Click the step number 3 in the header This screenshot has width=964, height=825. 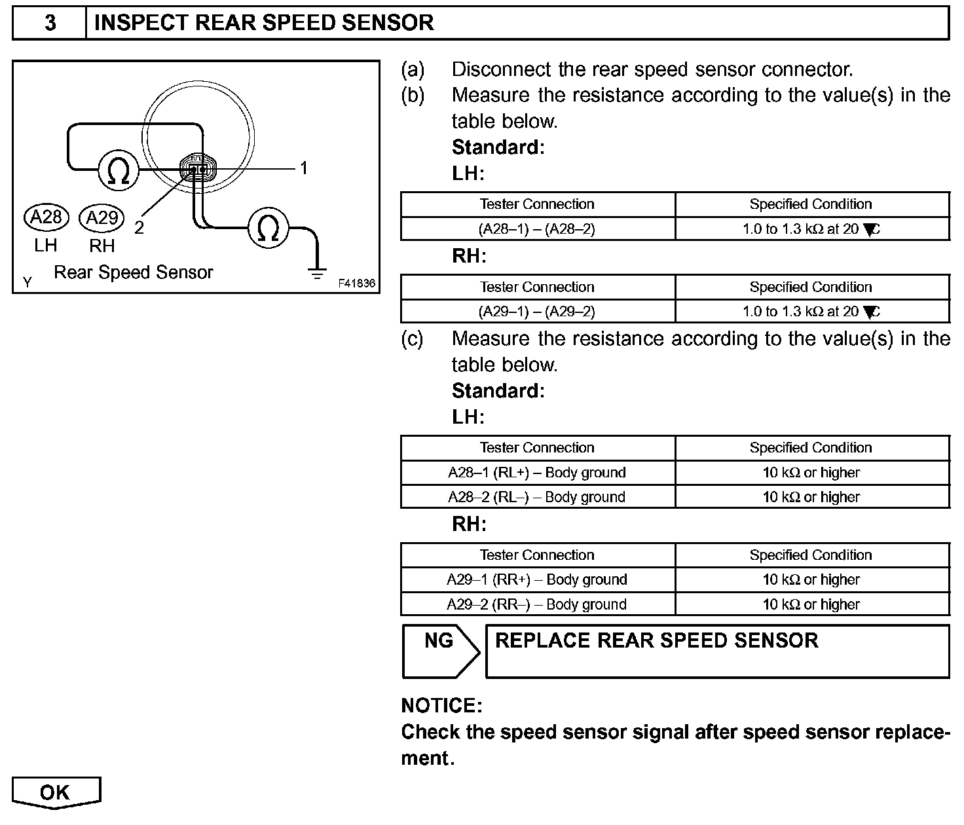pyautogui.click(x=50, y=24)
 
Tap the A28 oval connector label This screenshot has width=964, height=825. pyautogui.click(x=46, y=217)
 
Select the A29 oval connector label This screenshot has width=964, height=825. pyautogui.click(x=102, y=217)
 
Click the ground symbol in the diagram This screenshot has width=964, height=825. pyautogui.click(x=318, y=273)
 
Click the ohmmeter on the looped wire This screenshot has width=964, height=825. pyautogui.click(x=119, y=170)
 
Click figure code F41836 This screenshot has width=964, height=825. pyautogui.click(x=357, y=284)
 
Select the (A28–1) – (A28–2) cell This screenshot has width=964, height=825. pyautogui.click(x=537, y=229)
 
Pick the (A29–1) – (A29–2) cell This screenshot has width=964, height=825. pyautogui.click(x=537, y=312)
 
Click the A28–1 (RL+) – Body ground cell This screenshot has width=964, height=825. pyautogui.click(x=537, y=473)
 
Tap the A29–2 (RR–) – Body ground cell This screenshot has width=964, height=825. pyautogui.click(x=537, y=604)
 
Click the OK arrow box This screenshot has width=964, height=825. pyautogui.click(x=56, y=793)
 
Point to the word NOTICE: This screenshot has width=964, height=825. pyautogui.click(x=441, y=706)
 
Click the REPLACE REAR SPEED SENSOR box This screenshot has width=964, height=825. pyautogui.click(x=717, y=651)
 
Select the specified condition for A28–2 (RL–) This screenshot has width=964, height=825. pyautogui.click(x=811, y=497)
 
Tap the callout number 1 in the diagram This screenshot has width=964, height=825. pyautogui.click(x=304, y=168)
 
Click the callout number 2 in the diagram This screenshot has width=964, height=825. pyautogui.click(x=139, y=227)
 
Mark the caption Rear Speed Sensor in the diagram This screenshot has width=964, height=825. pyautogui.click(x=134, y=272)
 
